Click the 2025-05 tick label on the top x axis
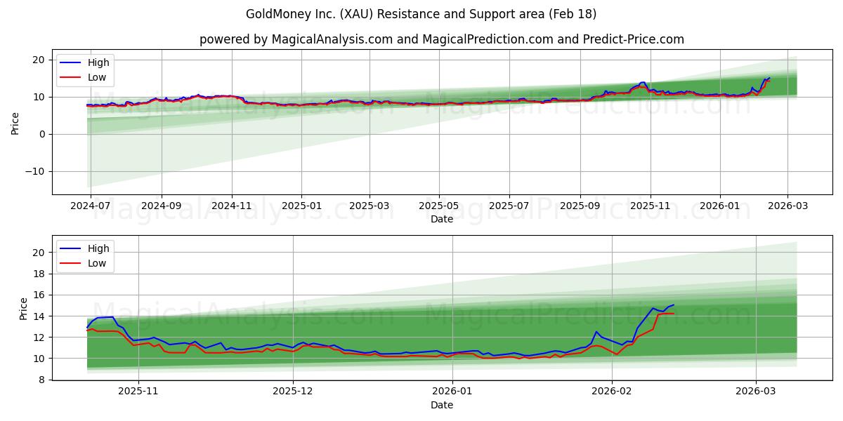point(439,206)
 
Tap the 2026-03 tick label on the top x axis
point(787,206)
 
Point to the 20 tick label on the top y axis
point(40,60)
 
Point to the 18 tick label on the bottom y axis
point(40,274)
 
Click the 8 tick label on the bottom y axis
point(42,380)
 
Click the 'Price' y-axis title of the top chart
point(15,123)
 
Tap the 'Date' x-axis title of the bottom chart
point(442,405)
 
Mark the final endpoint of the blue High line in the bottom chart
point(674,305)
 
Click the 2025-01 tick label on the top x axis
point(301,206)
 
